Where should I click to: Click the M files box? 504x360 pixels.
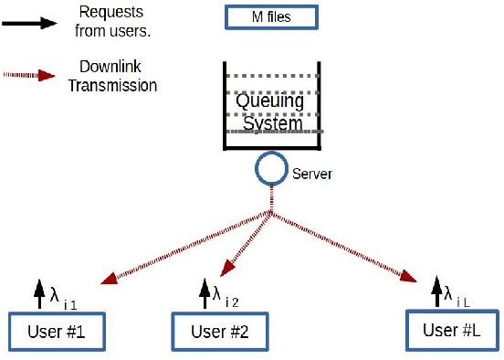click(x=270, y=17)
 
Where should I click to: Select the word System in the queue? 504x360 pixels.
click(x=270, y=122)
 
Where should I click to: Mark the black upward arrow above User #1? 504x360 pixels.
click(x=38, y=294)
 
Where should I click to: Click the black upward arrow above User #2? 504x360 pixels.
click(x=203, y=292)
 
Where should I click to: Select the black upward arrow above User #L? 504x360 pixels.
click(x=436, y=292)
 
